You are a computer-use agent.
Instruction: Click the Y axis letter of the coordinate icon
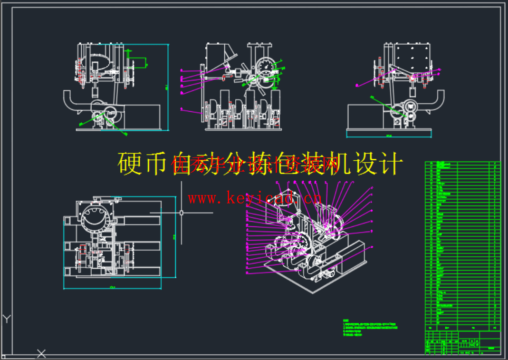tap(7, 319)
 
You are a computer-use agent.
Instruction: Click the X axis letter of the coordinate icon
tap(42, 353)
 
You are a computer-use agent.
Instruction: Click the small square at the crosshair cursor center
tap(181, 213)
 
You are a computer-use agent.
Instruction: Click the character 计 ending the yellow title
tap(392, 164)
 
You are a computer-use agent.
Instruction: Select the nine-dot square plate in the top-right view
tap(412, 58)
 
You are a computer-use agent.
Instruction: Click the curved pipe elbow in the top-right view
tap(436, 103)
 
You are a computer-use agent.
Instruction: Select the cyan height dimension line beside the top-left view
tap(168, 87)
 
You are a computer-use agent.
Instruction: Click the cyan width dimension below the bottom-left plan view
tap(112, 288)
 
